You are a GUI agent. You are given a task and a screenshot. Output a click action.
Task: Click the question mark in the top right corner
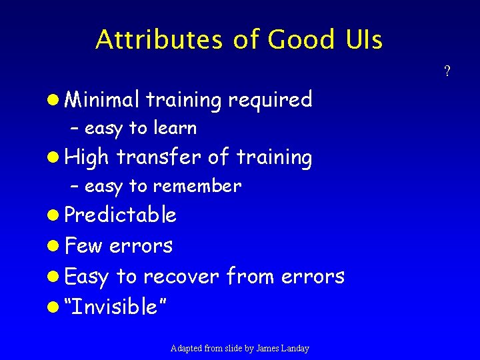click(x=447, y=71)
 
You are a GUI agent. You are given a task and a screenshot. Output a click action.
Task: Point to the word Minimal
click(x=103, y=99)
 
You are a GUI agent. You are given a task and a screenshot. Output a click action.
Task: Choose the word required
click(x=270, y=101)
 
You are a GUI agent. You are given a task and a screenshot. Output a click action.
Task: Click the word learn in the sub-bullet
click(x=175, y=127)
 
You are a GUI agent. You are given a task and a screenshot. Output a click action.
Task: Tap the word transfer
click(x=159, y=157)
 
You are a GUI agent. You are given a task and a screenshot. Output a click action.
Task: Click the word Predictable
click(x=121, y=215)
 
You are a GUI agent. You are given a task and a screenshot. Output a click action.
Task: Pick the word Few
click(x=84, y=245)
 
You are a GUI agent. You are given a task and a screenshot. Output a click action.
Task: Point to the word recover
click(x=181, y=275)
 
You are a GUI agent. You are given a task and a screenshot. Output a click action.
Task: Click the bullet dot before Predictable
click(x=56, y=215)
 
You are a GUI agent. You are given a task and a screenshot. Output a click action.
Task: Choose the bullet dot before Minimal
click(x=56, y=100)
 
